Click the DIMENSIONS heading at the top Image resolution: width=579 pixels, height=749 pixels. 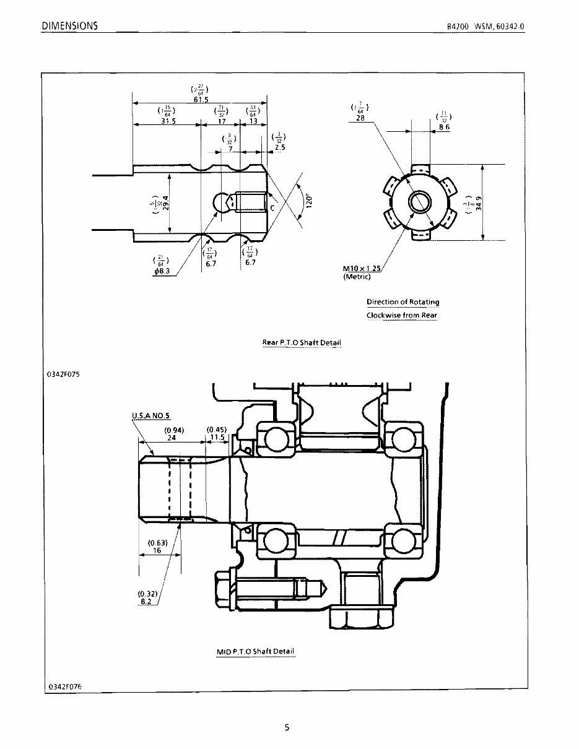tap(69, 26)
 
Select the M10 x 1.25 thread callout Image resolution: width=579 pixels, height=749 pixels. tap(362, 269)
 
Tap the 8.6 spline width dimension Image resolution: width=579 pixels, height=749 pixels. tap(444, 126)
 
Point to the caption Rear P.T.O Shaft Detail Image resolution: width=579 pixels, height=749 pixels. tap(302, 342)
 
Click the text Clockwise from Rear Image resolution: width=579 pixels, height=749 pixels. tap(402, 315)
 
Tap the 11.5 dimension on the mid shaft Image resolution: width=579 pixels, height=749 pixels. tap(217, 436)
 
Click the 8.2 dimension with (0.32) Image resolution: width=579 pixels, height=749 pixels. tap(147, 601)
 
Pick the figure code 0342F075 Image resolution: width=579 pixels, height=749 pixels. tap(64, 374)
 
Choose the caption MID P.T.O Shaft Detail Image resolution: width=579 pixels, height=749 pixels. tap(256, 652)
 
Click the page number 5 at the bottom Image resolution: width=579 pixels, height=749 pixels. tap(287, 728)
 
